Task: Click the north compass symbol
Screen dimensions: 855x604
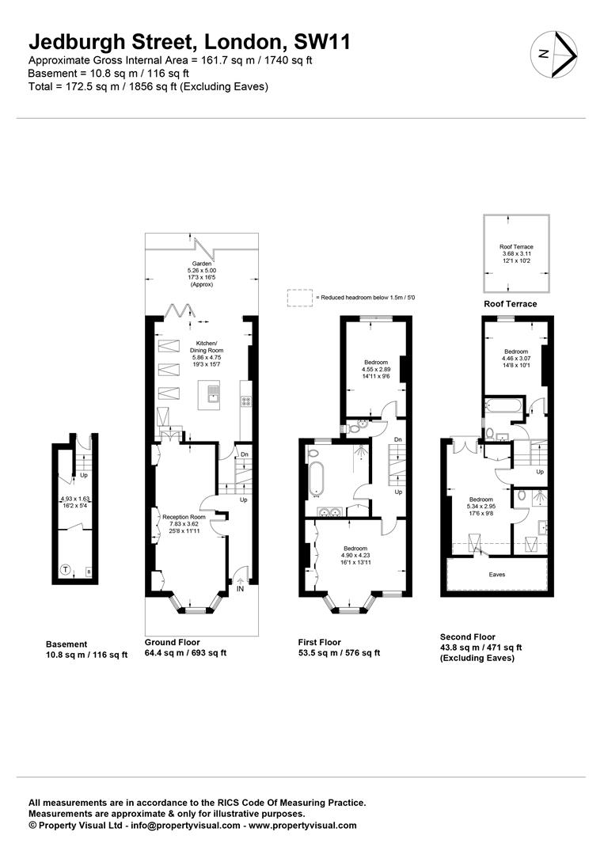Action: tap(555, 55)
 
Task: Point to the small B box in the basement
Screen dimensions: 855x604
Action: tap(88, 570)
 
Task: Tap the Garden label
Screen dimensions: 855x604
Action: tap(201, 269)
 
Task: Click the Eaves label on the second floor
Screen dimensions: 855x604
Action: tap(496, 574)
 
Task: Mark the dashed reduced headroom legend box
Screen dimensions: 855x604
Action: tap(299, 298)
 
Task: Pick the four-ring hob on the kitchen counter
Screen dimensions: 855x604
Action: tap(245, 401)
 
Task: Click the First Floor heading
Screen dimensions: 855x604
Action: tap(319, 642)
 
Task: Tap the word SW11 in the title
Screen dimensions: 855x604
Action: tap(321, 41)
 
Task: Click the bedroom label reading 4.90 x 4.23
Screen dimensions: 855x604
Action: tap(355, 554)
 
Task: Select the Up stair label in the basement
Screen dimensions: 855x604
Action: tap(82, 476)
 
